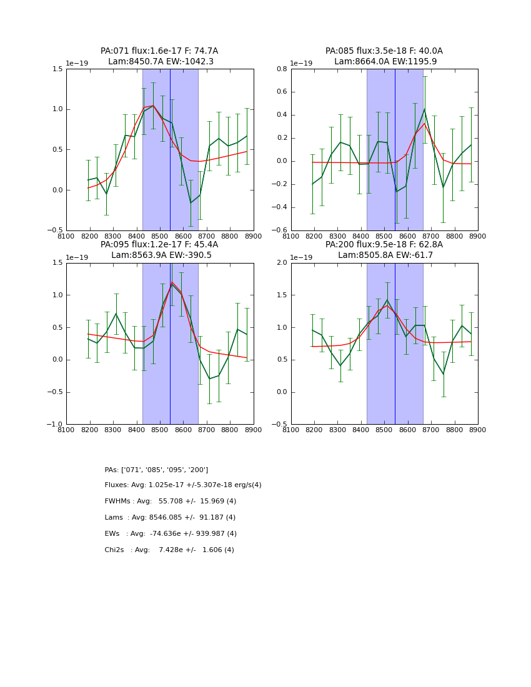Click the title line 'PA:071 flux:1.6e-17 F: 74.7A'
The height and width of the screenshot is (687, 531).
click(159, 51)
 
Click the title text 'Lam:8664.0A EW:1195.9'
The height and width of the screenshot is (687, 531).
click(385, 62)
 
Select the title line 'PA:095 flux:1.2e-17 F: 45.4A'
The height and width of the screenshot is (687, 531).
click(159, 245)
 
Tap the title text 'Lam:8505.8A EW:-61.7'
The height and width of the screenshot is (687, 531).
click(385, 255)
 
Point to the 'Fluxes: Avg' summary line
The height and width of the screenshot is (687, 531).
click(183, 485)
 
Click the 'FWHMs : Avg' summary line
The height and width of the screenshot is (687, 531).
click(170, 502)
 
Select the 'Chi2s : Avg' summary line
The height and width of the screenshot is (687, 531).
click(169, 550)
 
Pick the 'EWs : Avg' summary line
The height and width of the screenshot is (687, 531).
click(171, 534)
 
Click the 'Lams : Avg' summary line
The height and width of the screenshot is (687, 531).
click(170, 518)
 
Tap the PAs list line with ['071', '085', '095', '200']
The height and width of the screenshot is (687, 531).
click(156, 470)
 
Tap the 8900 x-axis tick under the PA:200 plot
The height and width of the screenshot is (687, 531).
click(478, 430)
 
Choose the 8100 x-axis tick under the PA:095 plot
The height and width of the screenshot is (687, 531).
click(66, 430)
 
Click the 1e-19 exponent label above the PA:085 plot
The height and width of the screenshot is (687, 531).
click(302, 64)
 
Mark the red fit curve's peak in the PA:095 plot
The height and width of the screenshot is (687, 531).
click(172, 283)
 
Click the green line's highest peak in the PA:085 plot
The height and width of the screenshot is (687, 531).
click(424, 109)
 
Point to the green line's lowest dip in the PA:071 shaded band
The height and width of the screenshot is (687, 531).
click(191, 202)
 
